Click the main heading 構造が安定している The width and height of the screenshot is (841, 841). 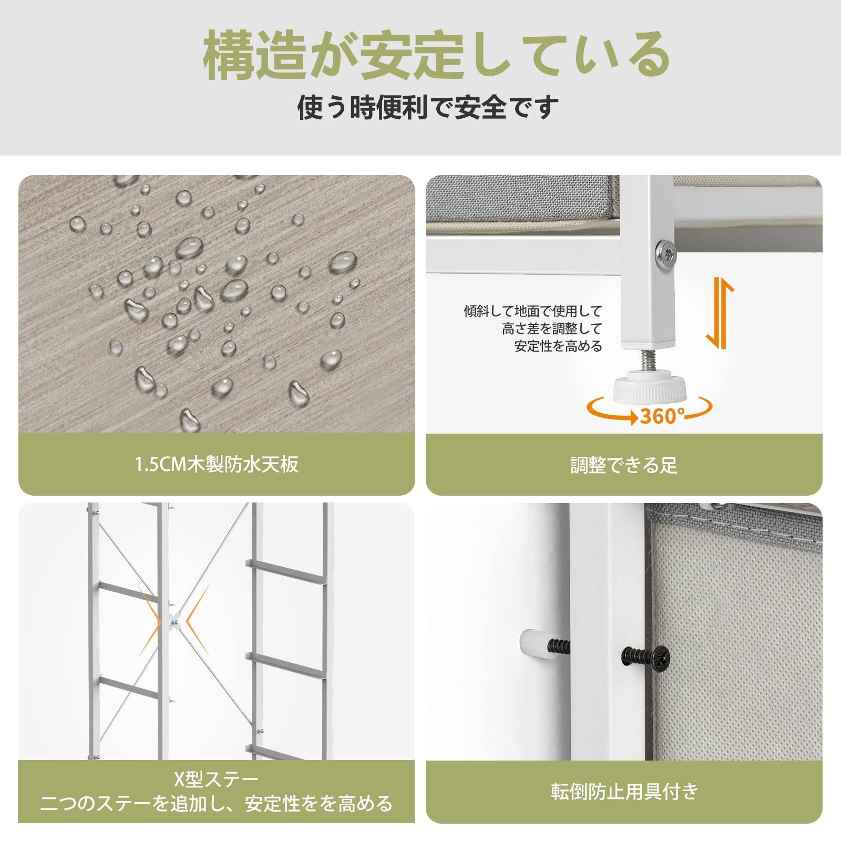pyautogui.click(x=436, y=56)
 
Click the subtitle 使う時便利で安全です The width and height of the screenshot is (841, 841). pyautogui.click(x=428, y=108)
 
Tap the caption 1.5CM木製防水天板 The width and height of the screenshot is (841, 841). pyautogui.click(x=217, y=465)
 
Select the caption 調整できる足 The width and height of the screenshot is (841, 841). pyautogui.click(x=624, y=465)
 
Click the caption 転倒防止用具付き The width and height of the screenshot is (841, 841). pyautogui.click(x=624, y=806)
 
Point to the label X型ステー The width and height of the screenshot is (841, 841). pyautogui.click(x=217, y=779)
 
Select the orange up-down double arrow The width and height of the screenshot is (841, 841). pyautogui.click(x=720, y=313)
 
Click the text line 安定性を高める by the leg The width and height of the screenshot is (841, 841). pyautogui.click(x=558, y=346)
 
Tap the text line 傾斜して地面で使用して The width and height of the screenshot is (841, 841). pyautogui.click(x=532, y=311)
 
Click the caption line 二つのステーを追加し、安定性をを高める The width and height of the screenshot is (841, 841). pyautogui.click(x=217, y=804)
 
